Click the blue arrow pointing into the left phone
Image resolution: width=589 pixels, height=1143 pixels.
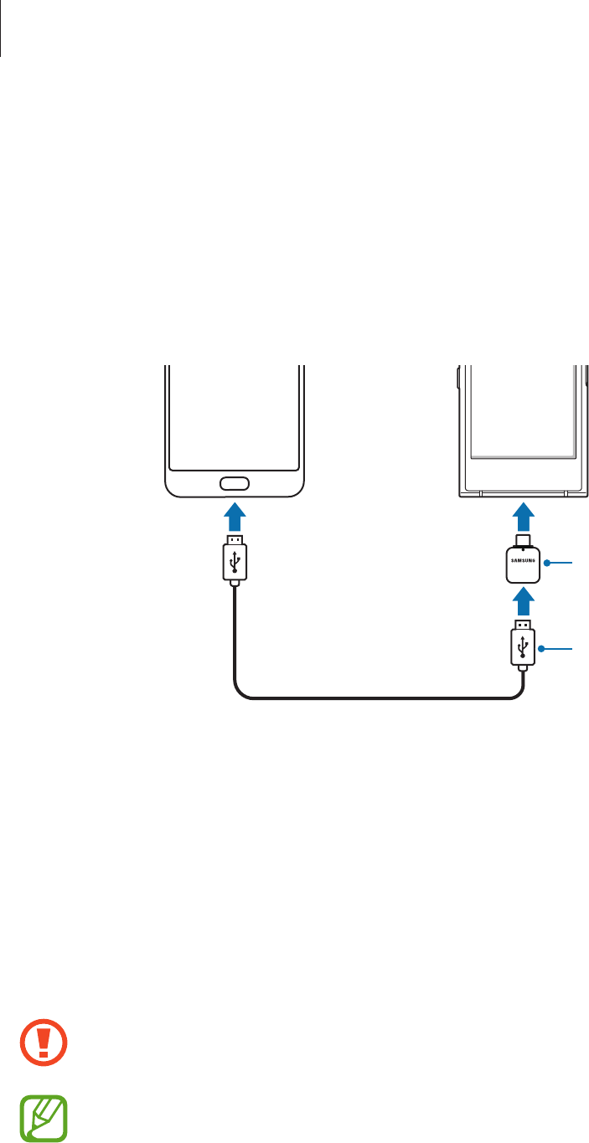point(235,512)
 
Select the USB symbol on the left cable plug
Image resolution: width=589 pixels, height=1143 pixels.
point(235,559)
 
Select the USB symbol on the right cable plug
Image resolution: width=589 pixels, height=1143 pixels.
point(523,646)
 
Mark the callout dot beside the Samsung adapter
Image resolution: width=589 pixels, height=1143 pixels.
point(545,564)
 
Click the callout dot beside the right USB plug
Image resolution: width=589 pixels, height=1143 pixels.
point(541,648)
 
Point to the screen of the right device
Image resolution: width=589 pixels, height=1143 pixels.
point(523,410)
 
